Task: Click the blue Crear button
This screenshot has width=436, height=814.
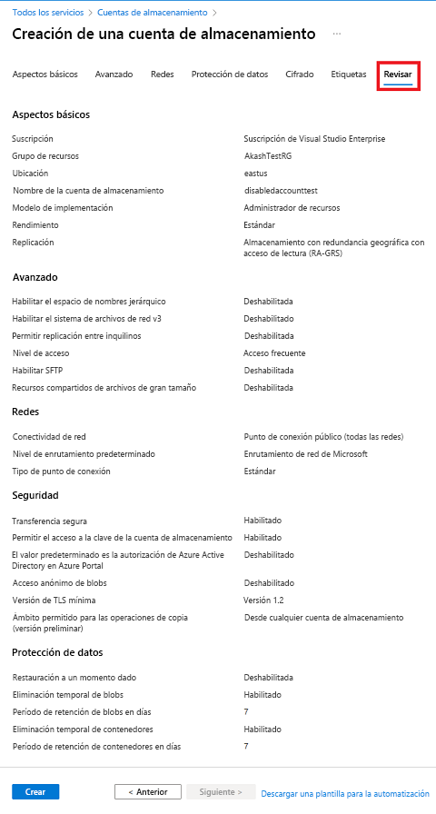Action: tap(35, 792)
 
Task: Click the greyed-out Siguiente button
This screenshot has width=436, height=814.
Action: tap(215, 792)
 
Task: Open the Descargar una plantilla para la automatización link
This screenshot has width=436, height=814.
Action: tap(344, 793)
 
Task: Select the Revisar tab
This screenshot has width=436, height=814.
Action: tap(398, 74)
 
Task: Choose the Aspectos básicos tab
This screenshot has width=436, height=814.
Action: tap(45, 74)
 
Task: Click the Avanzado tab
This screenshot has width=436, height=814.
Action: tap(114, 74)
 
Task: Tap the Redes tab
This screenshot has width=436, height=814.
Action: tap(163, 74)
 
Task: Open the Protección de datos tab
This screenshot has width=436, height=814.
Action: tap(230, 74)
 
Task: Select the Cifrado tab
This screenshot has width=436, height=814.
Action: tap(300, 74)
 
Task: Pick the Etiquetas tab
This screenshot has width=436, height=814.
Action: tap(349, 74)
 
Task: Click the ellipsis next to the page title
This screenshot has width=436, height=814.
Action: tap(337, 34)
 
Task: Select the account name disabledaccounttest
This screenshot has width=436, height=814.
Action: tap(280, 191)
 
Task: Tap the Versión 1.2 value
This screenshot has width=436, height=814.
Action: tap(264, 601)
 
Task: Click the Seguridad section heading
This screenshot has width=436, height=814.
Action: tap(35, 496)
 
